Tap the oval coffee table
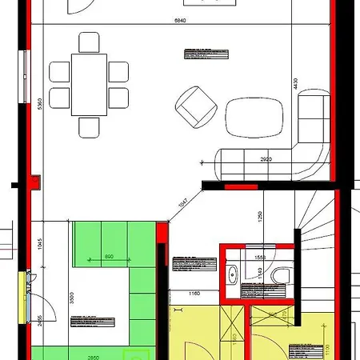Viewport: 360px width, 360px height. (255, 117)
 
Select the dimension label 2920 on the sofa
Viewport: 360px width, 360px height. (266, 159)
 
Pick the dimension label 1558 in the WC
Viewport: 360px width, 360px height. (259, 258)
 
